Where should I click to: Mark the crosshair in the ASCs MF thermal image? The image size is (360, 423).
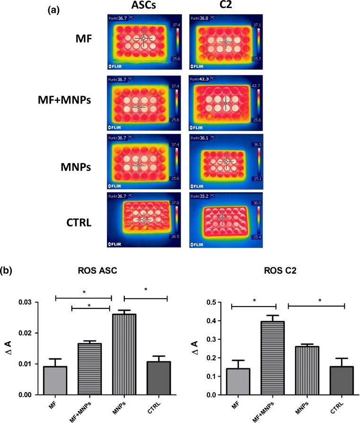[x=143, y=38]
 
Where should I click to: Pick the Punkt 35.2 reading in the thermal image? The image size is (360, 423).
[x=201, y=194]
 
